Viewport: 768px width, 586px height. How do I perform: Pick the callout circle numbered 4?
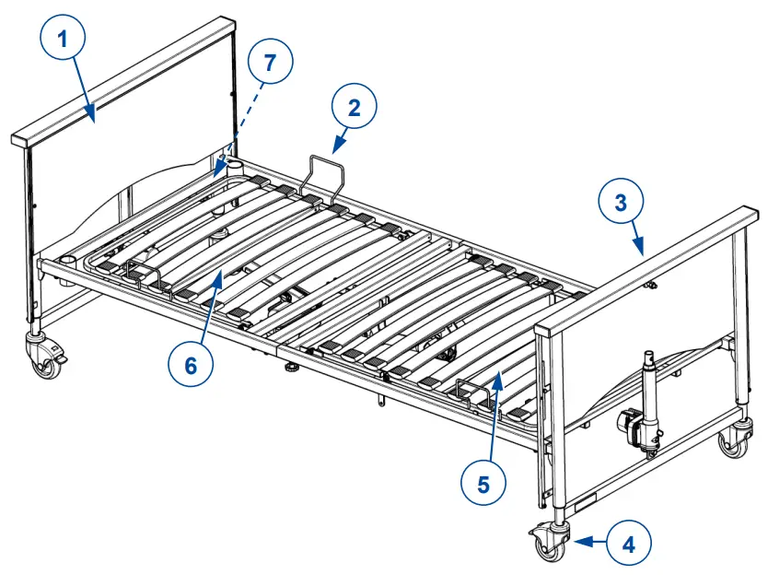pos(628,544)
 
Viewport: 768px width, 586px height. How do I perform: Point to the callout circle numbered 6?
pos(191,366)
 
